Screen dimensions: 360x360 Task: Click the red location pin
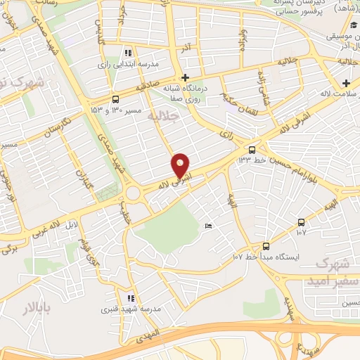pos(181,166)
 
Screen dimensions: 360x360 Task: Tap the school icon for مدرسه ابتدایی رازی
pos(127,53)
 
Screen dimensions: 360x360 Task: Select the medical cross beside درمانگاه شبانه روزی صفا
pos(185,77)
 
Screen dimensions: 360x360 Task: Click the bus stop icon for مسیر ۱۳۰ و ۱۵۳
pos(116,99)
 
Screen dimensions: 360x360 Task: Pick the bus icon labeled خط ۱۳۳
pos(252,149)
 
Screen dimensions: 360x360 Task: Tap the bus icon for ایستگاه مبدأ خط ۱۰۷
pos(266,246)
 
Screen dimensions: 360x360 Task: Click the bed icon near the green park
pos(207,226)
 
